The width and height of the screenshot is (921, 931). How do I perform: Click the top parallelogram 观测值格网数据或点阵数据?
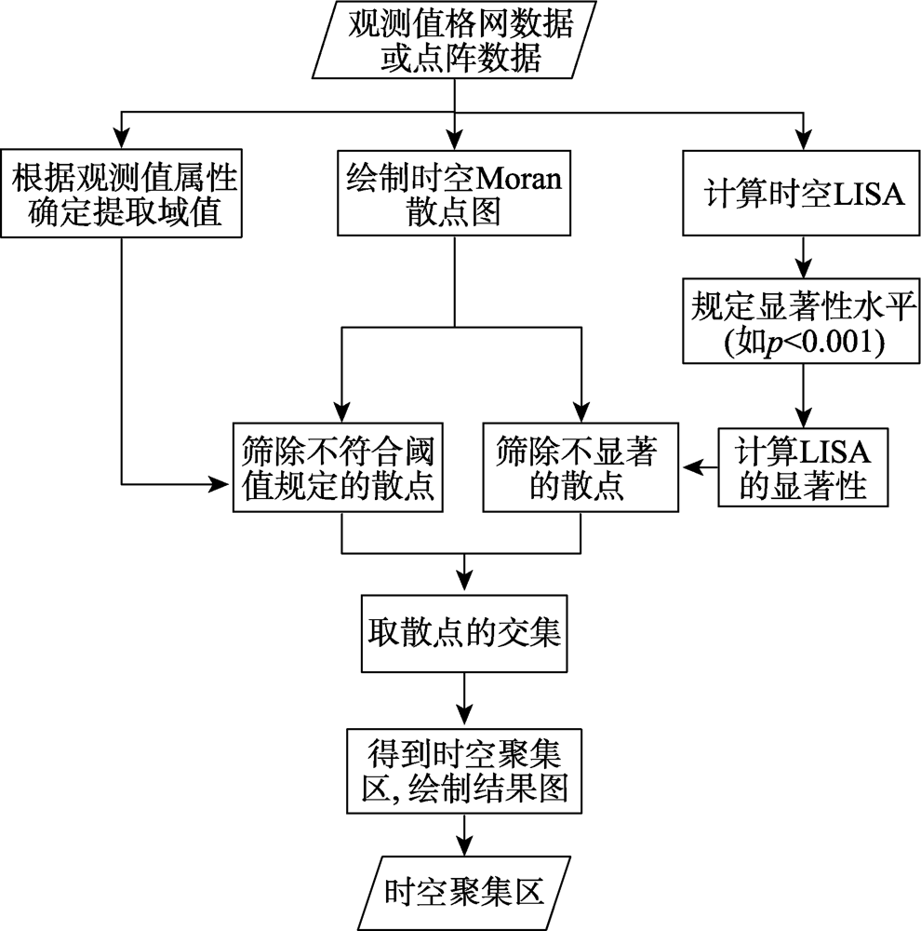[x=454, y=40]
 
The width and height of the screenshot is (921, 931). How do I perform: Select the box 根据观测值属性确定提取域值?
[x=122, y=194]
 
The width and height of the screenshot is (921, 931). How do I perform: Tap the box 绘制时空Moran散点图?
[x=454, y=194]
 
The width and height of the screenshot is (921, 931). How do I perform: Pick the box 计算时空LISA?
[x=802, y=194]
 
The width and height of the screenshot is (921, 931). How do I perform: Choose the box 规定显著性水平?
[x=802, y=320]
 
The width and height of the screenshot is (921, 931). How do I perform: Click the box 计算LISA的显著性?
[x=803, y=467]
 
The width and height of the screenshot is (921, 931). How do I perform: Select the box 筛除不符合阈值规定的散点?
[x=338, y=467]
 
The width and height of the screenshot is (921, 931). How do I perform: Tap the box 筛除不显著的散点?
[x=581, y=467]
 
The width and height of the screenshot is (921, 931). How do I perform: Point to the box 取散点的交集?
[x=464, y=634]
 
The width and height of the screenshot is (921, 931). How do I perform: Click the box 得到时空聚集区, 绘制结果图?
[x=464, y=771]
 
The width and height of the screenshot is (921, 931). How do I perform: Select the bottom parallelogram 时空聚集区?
[x=464, y=893]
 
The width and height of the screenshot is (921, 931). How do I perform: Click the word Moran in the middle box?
[x=519, y=178]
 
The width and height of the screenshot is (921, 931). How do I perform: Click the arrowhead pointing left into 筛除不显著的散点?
[x=690, y=467]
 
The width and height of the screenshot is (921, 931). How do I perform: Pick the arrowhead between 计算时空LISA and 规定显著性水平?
[x=803, y=266]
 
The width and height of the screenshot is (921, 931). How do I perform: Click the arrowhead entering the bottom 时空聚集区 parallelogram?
[x=464, y=844]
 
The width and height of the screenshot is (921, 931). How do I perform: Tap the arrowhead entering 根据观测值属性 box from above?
[x=122, y=138]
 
